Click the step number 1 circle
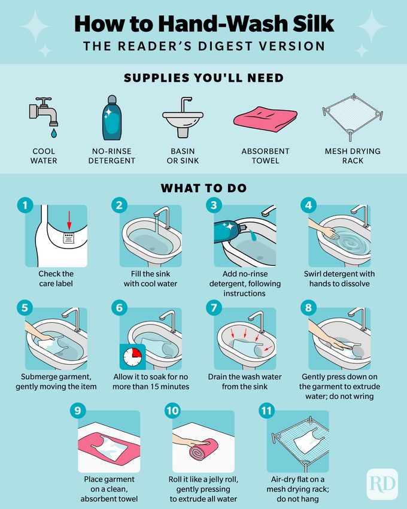coord(25,206)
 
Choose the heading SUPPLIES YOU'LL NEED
coord(203,78)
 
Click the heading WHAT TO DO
coord(203,188)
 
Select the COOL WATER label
coord(44,156)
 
